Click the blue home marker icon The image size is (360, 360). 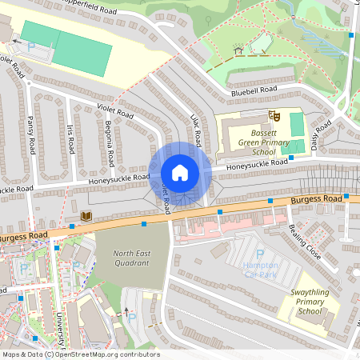pyautogui.click(x=180, y=172)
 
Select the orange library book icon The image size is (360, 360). pyautogui.click(x=86, y=216)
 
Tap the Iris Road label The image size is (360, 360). pyautogui.click(x=72, y=141)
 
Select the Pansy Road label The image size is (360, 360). pyautogui.click(x=32, y=136)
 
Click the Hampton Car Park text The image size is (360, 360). pyautogui.click(x=260, y=270)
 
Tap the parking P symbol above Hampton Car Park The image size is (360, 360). pyautogui.click(x=259, y=254)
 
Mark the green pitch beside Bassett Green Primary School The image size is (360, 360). pyautogui.click(x=297, y=124)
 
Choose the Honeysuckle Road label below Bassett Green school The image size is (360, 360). pyautogui.click(x=256, y=164)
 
